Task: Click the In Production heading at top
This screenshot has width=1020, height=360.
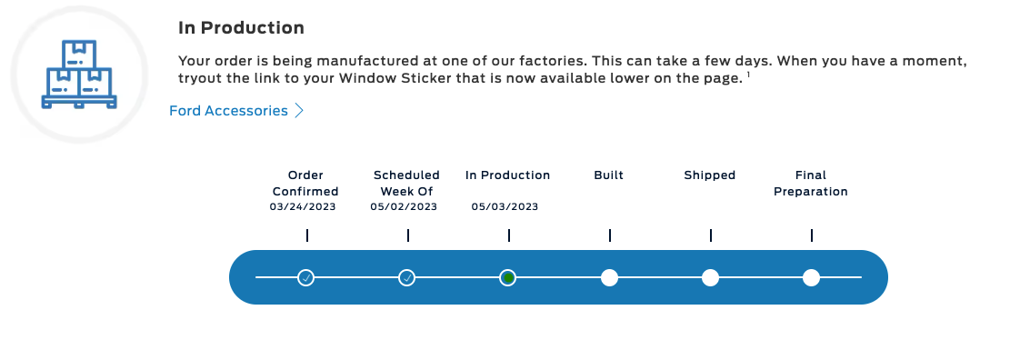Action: click(241, 29)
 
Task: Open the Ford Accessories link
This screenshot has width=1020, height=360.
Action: click(228, 111)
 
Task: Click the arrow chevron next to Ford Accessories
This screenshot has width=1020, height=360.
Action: click(299, 111)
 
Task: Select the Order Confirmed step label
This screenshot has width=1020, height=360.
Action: click(305, 183)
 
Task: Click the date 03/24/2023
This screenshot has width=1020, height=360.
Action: click(303, 207)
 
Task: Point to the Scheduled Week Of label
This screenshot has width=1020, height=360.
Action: click(406, 183)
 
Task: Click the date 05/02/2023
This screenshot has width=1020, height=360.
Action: click(404, 207)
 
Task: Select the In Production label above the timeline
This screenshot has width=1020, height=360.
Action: click(507, 175)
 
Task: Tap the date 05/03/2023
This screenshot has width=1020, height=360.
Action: click(505, 207)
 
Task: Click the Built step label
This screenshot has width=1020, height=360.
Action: click(608, 175)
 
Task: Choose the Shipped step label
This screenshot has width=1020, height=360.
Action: click(709, 175)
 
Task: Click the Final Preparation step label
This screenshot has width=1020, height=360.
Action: click(810, 183)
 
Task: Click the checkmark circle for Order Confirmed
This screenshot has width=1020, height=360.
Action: click(306, 277)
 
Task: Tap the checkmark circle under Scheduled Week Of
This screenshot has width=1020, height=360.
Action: click(407, 277)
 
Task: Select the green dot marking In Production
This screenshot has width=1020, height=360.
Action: click(508, 277)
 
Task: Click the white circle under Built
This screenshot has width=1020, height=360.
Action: click(609, 277)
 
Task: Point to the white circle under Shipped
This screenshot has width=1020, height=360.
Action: click(710, 277)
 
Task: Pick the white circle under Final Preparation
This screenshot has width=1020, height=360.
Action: click(811, 277)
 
